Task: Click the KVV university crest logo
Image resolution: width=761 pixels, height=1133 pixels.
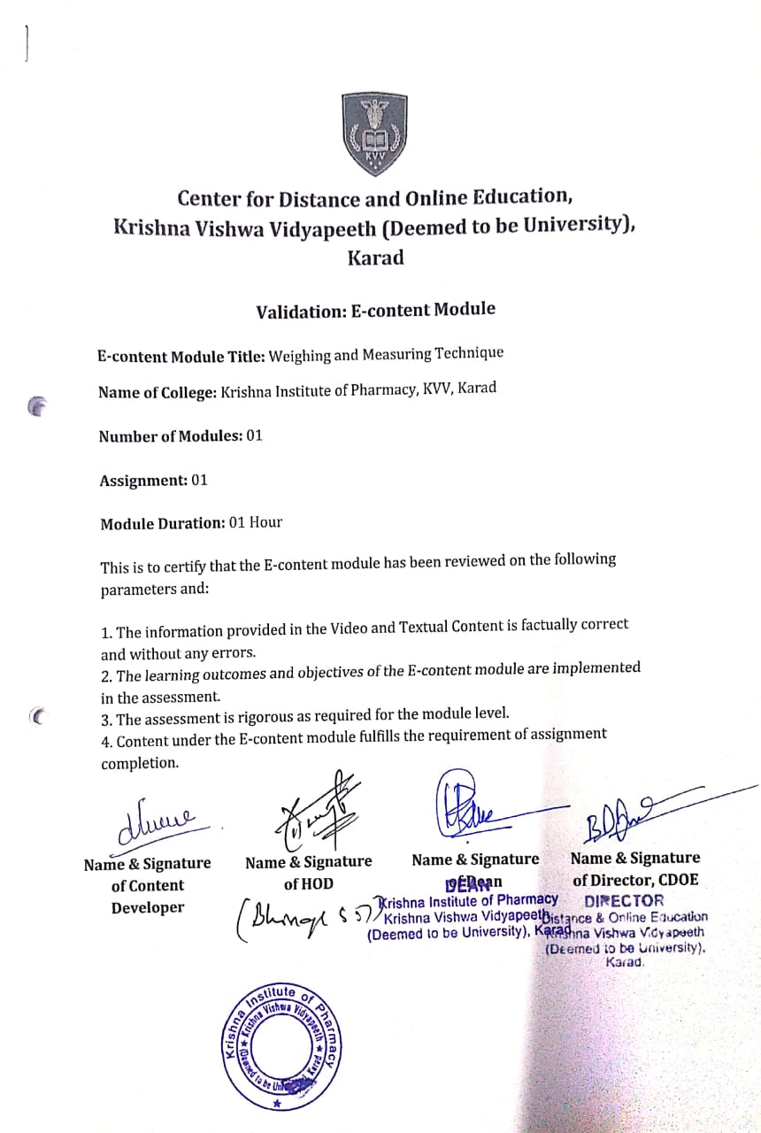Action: coord(374,135)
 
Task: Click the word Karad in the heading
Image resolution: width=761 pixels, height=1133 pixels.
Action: coord(375,258)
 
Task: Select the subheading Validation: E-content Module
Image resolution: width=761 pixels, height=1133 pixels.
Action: coord(375,311)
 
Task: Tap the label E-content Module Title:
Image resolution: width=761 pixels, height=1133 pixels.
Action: coord(180,356)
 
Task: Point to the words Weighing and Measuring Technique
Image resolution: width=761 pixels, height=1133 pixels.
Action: coord(386,354)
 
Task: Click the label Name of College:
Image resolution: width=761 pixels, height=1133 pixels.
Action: coord(157,392)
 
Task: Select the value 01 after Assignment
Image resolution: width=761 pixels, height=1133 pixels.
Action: coord(199,480)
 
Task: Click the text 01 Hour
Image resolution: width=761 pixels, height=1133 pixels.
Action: coord(255,522)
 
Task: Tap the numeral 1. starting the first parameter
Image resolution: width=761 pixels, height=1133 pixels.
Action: coord(106,633)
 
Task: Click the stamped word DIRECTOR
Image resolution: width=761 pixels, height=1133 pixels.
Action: coord(624,901)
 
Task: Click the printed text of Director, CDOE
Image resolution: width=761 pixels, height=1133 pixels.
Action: coord(634,880)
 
